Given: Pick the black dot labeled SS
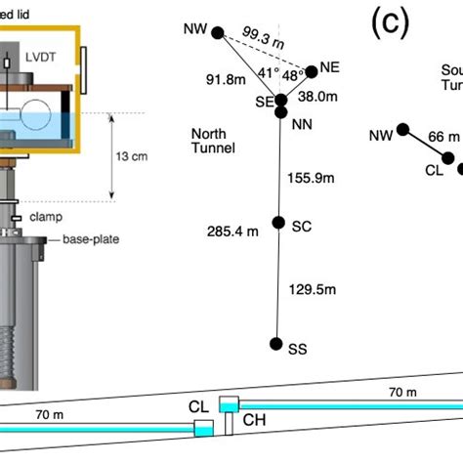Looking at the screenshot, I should coord(277,344).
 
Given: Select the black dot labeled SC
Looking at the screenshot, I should coord(278,223).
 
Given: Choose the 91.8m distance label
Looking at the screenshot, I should coord(224,80).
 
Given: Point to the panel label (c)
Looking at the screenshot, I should coord(389,23).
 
